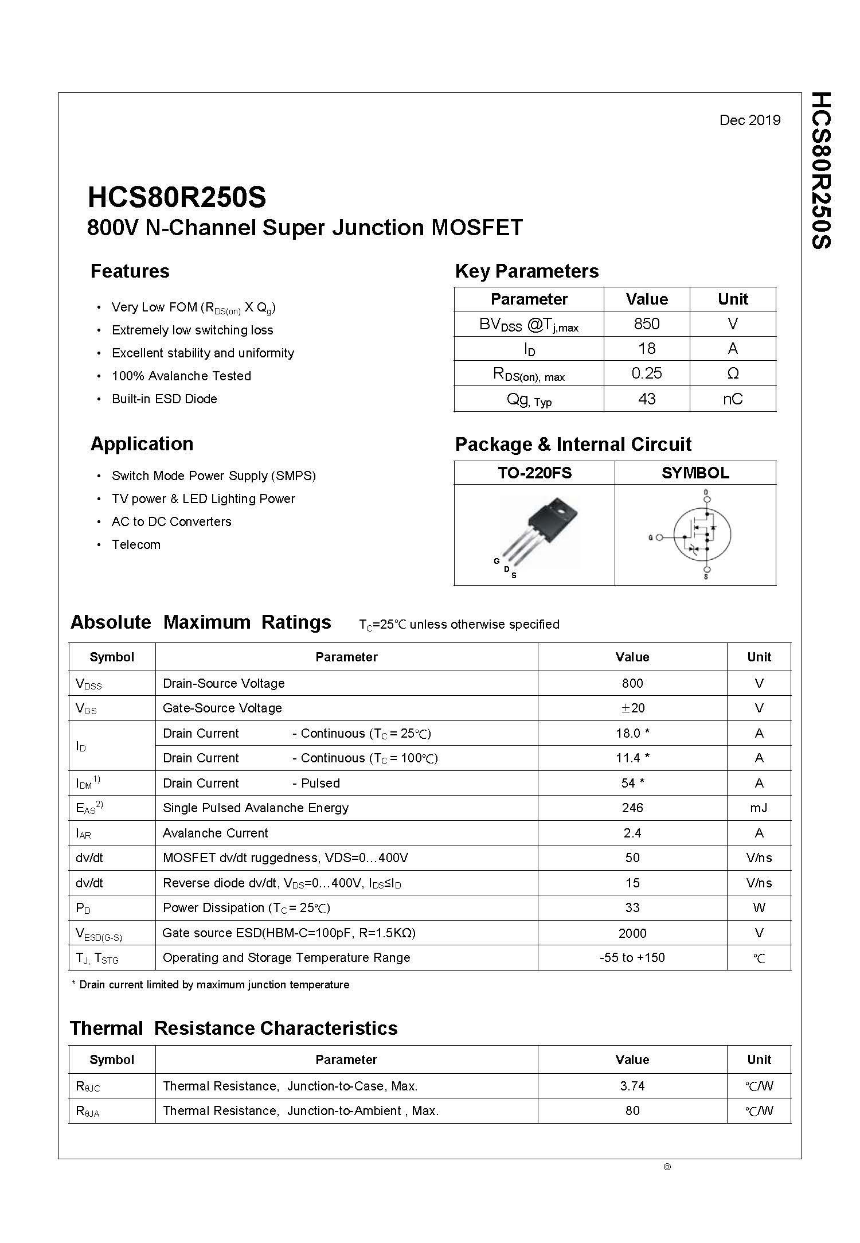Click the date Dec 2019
click(x=749, y=120)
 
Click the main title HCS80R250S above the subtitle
click(x=177, y=197)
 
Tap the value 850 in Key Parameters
click(x=646, y=324)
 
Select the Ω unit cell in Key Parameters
click(x=732, y=373)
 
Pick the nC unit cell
click(x=732, y=399)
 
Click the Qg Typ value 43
click(x=646, y=399)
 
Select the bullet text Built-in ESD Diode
click(x=164, y=399)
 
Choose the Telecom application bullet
click(x=136, y=544)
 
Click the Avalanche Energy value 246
click(x=632, y=808)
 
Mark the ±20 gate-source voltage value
click(x=632, y=708)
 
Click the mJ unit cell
click(x=759, y=808)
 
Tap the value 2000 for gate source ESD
click(x=632, y=933)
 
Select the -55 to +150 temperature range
click(x=632, y=957)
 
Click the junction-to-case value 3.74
click(x=632, y=1086)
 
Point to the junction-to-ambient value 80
click(x=632, y=1110)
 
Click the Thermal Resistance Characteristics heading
click(x=233, y=1028)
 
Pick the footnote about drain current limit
click(x=210, y=984)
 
